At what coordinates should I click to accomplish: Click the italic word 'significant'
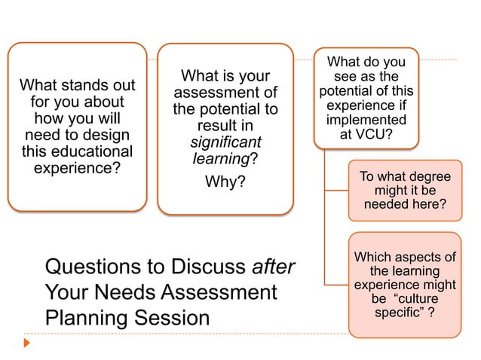point(225,142)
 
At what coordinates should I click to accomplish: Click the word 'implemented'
point(366,121)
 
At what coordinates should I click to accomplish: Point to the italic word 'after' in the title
point(274,267)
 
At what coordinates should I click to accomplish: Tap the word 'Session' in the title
point(174,318)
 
